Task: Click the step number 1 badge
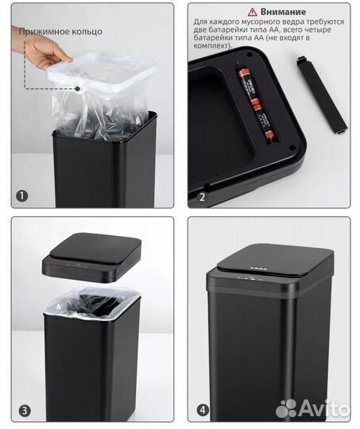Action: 22,196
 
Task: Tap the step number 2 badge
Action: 202,197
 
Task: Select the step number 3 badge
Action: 25,411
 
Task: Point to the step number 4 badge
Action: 203,410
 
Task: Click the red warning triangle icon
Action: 252,12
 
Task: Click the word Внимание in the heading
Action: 283,12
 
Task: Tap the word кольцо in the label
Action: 87,32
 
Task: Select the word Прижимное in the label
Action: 45,32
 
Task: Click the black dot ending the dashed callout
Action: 78,89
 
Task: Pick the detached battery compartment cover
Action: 322,95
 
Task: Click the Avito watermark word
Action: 324,408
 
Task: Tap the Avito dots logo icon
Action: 286,408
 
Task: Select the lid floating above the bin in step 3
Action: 91,257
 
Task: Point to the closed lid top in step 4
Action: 276,260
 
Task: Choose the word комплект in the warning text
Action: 211,45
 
